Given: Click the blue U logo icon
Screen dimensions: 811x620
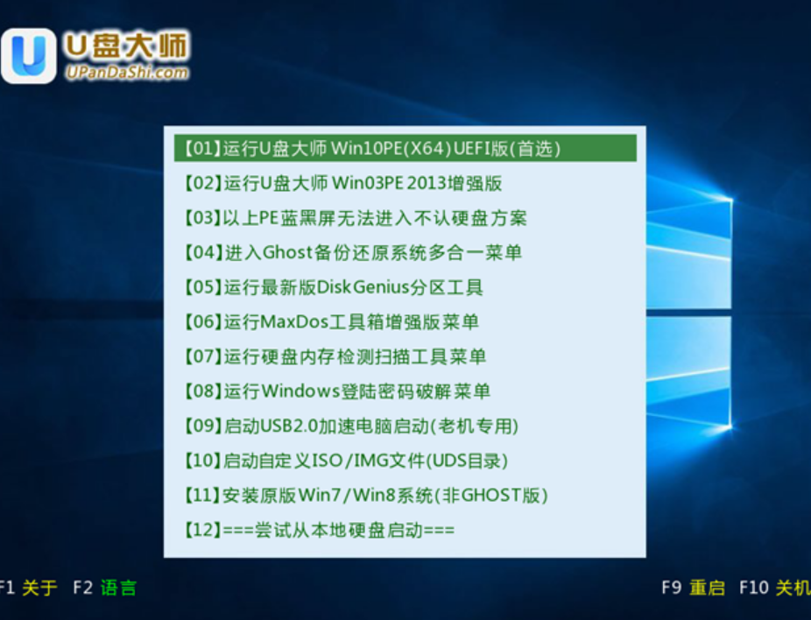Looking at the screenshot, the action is point(29,56).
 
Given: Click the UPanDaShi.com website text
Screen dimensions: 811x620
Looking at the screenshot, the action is point(127,73).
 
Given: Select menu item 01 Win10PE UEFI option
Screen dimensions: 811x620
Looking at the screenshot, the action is point(372,149).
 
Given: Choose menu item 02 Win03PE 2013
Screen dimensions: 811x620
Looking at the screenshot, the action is point(343,183).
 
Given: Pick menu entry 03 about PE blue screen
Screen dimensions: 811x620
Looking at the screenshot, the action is point(356,218).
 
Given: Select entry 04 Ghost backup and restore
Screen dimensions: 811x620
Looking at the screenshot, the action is point(353,252).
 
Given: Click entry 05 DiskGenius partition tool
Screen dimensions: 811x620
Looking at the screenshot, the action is point(334,287).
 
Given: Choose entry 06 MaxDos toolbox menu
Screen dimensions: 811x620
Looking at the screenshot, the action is point(331,321).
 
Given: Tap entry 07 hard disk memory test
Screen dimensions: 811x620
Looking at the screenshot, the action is point(335,356).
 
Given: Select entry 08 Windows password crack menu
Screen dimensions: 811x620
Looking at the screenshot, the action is point(336,391).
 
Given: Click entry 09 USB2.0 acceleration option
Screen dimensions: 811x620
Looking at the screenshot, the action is point(351,426).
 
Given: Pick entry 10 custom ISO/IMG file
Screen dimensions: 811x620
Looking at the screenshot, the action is point(346,461).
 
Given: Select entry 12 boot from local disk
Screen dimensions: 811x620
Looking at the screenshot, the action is point(319,530).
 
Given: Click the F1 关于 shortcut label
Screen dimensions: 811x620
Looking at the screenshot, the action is point(27,588).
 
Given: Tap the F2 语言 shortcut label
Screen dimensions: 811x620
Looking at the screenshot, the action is point(104,588).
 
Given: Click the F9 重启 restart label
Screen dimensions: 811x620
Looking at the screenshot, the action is point(693,588).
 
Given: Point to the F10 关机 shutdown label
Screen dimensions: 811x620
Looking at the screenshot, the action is point(775,588).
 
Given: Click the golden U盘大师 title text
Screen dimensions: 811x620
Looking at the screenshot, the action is point(127,46).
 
